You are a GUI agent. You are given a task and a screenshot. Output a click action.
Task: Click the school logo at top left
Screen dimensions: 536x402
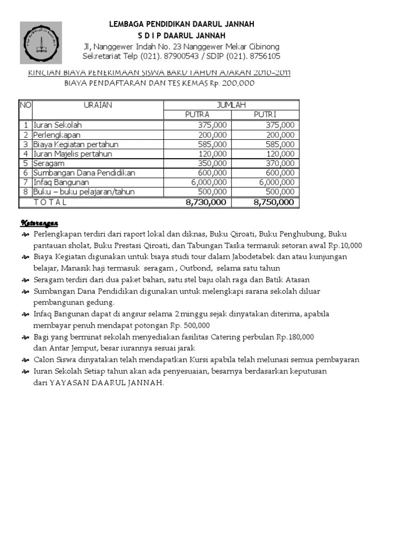41,43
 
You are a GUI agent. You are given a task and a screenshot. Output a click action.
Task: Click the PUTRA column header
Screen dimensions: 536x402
197,115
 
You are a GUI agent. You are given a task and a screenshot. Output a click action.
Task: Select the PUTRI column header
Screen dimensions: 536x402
265,115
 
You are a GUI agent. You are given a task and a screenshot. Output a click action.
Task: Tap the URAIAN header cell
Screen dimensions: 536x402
98,105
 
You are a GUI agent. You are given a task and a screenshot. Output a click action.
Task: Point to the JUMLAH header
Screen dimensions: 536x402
231,105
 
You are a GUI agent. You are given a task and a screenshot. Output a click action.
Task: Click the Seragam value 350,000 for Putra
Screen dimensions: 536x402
213,163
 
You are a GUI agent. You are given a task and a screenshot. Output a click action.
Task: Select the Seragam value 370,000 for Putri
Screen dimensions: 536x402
280,163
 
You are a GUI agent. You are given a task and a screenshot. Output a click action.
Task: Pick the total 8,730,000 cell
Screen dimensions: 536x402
206,202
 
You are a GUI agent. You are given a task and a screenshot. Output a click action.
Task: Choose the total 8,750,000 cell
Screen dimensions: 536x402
273,202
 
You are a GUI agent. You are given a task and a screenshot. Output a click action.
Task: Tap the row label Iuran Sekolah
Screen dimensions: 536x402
58,125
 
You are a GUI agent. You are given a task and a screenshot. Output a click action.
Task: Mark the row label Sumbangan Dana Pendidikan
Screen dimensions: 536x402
84,173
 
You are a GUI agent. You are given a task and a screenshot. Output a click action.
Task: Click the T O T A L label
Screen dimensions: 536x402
50,202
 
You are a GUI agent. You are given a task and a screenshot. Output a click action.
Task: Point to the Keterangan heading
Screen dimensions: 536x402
39,223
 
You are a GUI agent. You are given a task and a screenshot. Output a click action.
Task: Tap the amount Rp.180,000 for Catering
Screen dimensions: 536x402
295,337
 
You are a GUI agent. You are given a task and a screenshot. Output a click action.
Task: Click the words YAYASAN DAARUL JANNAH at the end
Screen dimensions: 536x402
106,382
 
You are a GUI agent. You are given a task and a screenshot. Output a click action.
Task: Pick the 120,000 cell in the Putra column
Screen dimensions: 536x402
213,154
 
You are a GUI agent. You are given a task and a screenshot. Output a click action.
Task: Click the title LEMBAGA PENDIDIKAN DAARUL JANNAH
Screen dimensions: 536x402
182,24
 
